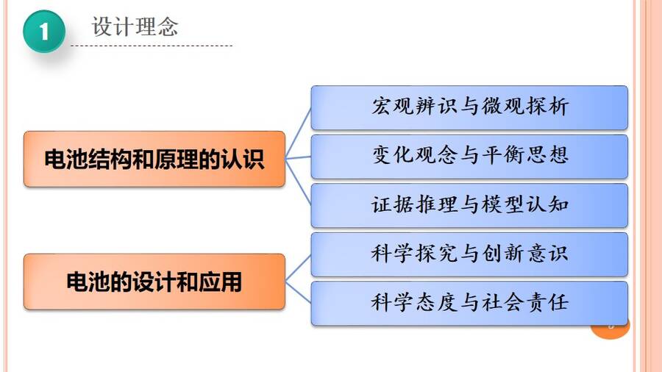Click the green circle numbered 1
click(44, 32)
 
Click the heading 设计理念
click(135, 26)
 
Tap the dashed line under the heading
click(152, 46)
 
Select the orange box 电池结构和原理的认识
click(154, 159)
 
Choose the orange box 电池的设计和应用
click(154, 282)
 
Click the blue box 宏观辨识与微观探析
click(469, 107)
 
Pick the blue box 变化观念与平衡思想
click(469, 157)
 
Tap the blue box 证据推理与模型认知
click(469, 205)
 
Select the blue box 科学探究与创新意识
click(469, 254)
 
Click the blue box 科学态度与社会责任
click(469, 303)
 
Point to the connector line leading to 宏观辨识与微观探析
click(299, 134)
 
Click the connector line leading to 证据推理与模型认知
click(299, 182)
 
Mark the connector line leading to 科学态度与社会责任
click(299, 292)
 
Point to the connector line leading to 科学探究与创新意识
click(299, 268)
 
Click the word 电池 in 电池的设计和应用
click(88, 282)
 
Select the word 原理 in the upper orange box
click(177, 159)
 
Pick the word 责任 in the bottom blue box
click(548, 302)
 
